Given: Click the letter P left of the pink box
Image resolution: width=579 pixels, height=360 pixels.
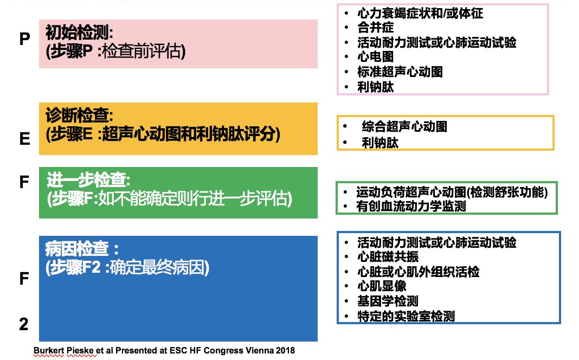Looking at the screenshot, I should (24, 40).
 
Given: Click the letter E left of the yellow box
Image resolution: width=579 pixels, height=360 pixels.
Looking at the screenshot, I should (24, 139).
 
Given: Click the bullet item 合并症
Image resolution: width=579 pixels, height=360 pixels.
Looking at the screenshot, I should (375, 27).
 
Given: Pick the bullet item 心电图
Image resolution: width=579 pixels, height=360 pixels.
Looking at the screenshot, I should (375, 57).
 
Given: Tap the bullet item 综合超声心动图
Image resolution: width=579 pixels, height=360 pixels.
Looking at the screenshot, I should (404, 127).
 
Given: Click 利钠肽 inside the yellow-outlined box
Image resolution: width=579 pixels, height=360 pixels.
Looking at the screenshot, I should (380, 143).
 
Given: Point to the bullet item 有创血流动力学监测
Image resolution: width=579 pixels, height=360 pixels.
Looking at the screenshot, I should (411, 206).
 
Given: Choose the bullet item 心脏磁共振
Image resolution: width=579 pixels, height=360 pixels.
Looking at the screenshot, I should (388, 257).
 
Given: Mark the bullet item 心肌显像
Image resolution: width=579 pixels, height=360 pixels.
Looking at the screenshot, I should (382, 286).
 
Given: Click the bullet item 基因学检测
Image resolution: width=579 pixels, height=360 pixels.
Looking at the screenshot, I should (388, 301).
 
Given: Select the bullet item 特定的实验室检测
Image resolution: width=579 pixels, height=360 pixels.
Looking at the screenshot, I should (406, 316).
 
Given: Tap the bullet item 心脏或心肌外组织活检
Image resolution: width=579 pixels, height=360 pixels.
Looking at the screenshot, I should (418, 272).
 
